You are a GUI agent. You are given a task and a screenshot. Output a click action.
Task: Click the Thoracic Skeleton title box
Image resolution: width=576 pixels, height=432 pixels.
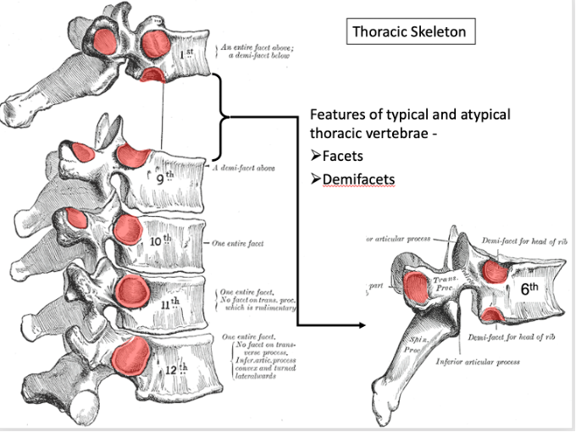(408, 33)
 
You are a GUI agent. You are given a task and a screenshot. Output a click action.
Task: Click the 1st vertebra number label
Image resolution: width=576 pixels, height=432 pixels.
(189, 55)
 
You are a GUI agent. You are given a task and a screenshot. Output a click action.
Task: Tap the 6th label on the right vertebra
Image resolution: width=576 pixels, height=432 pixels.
(529, 288)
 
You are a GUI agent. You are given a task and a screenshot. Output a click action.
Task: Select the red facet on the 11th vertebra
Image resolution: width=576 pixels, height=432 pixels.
(134, 290)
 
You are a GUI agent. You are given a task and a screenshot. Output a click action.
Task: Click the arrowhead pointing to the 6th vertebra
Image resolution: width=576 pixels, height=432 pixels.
(363, 325)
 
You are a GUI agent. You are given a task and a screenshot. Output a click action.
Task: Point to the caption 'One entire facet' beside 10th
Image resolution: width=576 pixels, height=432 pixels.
(238, 243)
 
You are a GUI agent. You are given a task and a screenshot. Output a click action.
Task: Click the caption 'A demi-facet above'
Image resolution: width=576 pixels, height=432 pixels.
(243, 168)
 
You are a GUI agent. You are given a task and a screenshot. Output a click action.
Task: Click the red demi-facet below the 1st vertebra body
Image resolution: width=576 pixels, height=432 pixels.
(153, 77)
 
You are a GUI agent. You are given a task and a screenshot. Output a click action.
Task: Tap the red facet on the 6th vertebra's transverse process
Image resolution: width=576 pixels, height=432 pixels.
(416, 288)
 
